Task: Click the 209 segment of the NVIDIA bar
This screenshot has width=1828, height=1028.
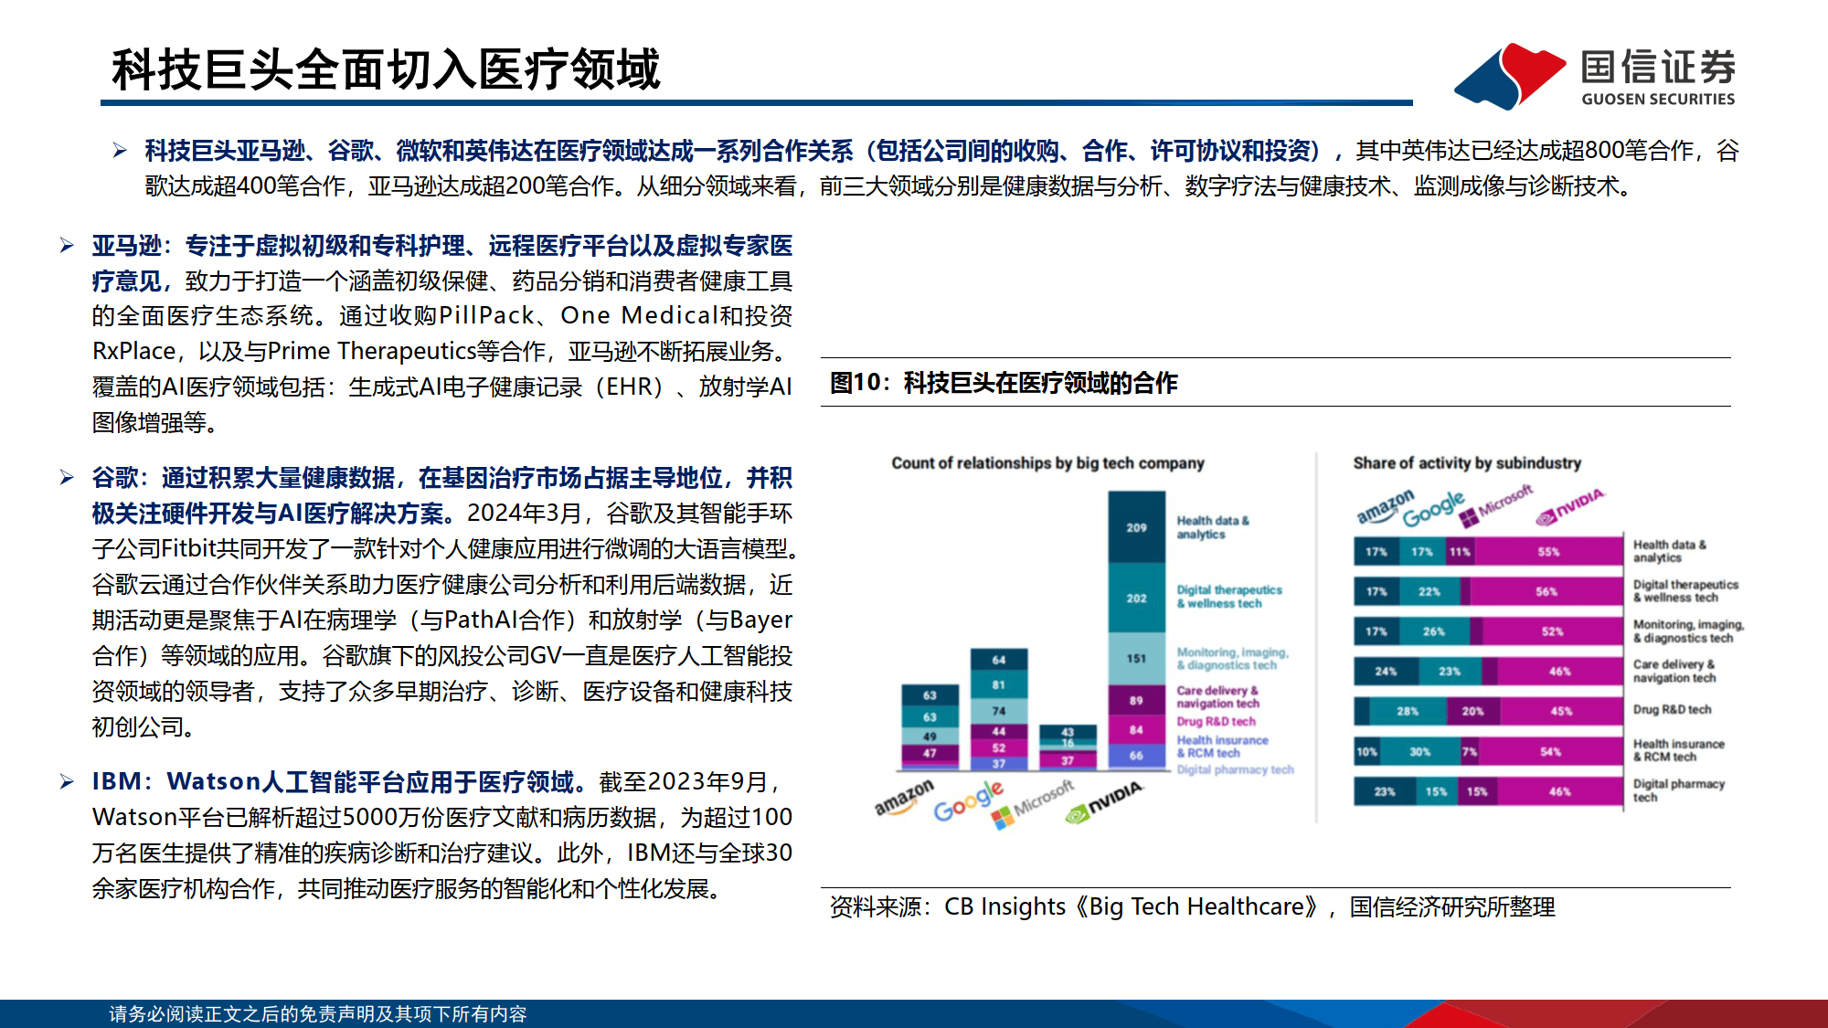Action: [1136, 527]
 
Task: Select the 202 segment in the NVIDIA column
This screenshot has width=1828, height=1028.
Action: [1136, 598]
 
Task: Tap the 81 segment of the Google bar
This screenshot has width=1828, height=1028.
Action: [998, 684]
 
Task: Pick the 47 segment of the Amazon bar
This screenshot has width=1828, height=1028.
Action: [930, 754]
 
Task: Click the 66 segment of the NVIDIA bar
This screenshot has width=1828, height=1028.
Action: [1136, 756]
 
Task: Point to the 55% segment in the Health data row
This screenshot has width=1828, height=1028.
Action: [1548, 551]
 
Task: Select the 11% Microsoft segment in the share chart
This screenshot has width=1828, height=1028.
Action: [1460, 551]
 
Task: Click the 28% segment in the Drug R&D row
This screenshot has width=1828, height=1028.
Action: [1408, 711]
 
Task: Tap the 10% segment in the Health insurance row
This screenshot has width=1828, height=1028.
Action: [1366, 751]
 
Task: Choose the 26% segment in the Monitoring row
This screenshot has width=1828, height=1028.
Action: [1434, 631]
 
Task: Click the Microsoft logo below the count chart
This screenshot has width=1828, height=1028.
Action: [1034, 804]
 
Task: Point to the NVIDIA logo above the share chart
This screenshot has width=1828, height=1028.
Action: [1570, 506]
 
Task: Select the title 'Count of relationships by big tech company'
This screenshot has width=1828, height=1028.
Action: [1047, 463]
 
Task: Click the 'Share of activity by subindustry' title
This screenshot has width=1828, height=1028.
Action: [1466, 463]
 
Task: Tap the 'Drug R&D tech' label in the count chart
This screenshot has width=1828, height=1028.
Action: [1216, 721]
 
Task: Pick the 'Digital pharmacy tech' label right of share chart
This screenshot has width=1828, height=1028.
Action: [1678, 790]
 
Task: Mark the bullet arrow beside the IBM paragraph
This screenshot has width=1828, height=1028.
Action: [67, 781]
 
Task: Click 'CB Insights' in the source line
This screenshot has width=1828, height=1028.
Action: [1004, 906]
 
